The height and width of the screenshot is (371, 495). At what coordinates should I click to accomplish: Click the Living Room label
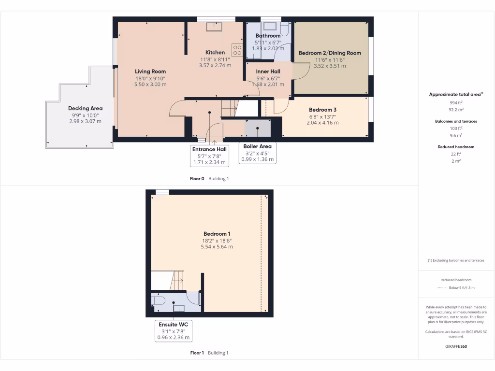click(150, 71)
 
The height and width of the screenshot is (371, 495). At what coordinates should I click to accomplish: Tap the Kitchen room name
click(215, 53)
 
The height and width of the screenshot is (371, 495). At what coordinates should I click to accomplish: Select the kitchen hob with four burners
click(237, 50)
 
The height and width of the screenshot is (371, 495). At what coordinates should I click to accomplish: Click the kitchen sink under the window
click(213, 27)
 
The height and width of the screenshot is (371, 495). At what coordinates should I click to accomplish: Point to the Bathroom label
click(268, 36)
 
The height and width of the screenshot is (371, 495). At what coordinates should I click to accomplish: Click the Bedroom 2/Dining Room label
click(330, 53)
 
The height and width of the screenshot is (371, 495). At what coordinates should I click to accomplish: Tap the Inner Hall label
click(268, 71)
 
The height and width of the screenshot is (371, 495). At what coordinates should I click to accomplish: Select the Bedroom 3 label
click(322, 110)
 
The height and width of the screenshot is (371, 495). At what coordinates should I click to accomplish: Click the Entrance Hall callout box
click(209, 156)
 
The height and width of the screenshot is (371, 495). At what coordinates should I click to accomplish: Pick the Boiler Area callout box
click(257, 153)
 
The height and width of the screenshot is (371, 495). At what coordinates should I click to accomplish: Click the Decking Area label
click(85, 109)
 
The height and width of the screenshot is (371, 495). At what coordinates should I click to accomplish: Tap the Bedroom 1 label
click(217, 234)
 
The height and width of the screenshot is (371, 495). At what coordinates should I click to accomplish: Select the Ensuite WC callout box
click(173, 331)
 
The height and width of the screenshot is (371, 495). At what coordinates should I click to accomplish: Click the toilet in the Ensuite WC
click(158, 300)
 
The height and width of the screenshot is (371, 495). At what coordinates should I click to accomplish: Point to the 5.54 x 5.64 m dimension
click(217, 247)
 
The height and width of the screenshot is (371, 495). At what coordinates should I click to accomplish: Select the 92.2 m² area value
click(453, 110)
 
